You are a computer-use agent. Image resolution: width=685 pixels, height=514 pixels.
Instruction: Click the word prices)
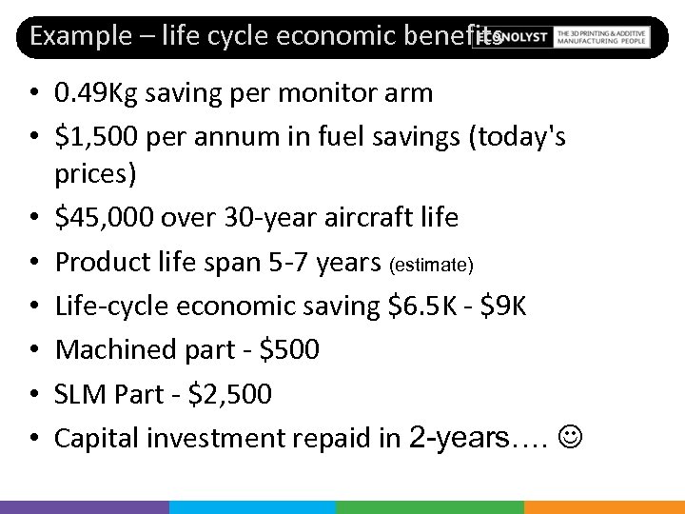(95, 174)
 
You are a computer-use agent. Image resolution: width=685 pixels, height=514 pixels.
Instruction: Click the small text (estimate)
(431, 264)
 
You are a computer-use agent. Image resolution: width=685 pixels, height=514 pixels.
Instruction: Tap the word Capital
(91, 438)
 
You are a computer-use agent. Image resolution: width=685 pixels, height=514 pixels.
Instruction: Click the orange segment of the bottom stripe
(604, 506)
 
